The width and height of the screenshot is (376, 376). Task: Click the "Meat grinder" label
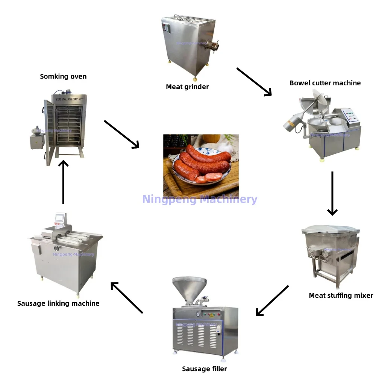point(187,87)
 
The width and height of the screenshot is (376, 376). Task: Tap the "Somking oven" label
point(63,76)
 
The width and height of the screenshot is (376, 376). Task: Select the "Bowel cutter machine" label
point(325,83)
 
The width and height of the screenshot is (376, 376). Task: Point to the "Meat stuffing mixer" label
point(341,295)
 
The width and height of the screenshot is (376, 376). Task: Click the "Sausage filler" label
point(204,368)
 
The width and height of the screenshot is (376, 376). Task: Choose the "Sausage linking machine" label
point(58,303)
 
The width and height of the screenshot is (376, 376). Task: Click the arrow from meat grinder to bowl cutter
point(254,82)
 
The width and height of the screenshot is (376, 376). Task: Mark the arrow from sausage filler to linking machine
point(127,297)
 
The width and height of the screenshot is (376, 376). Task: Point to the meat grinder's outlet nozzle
point(213,46)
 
